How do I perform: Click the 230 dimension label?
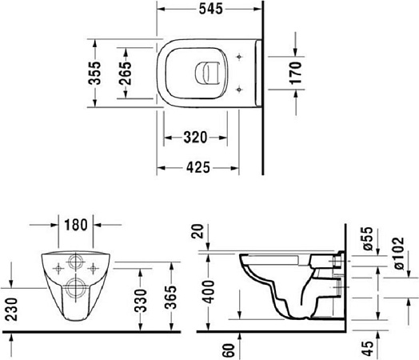[11, 307]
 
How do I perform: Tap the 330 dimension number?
[140, 300]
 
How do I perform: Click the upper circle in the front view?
[76, 262]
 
